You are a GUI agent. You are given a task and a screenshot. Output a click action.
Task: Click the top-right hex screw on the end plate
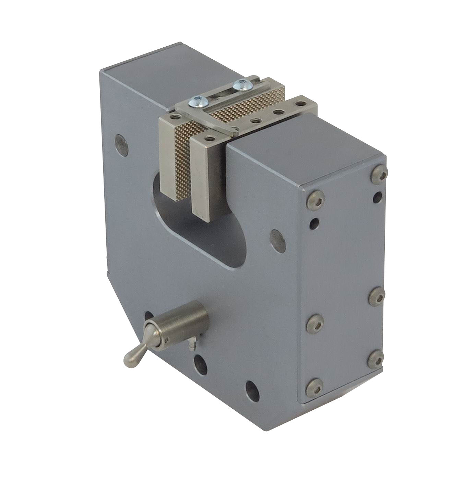pos(379,174)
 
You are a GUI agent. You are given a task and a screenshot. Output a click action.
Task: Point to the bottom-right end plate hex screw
pos(375,359)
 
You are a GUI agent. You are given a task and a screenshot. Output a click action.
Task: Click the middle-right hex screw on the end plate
pos(377,296)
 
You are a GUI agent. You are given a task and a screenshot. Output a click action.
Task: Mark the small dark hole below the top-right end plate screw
pos(378,197)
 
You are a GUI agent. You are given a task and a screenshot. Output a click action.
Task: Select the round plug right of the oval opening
pos(278,241)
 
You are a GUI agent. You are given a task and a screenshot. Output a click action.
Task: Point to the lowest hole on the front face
pos(252,391)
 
